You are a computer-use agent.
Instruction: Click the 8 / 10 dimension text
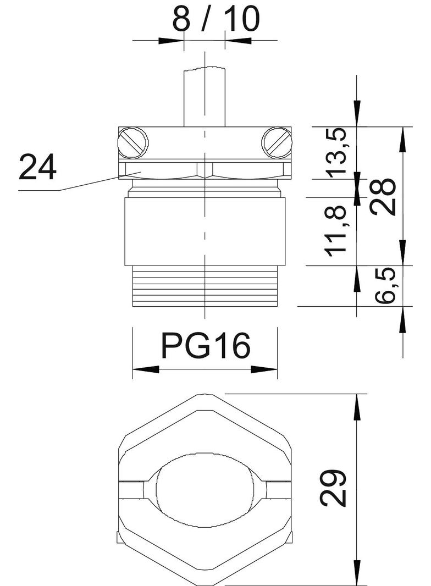(x=215, y=19)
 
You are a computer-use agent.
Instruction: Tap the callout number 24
(x=37, y=167)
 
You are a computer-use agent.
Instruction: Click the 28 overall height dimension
(x=383, y=196)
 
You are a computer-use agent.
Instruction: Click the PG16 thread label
(x=205, y=346)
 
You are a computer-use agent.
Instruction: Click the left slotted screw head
(x=133, y=142)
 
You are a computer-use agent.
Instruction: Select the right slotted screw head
(x=277, y=142)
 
